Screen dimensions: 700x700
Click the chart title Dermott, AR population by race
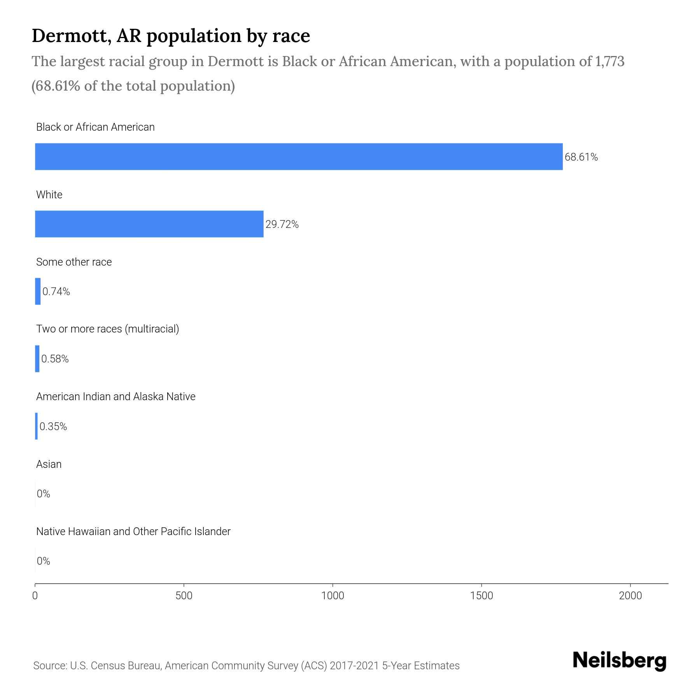171,36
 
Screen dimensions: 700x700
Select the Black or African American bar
299,156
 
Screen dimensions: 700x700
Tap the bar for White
149,224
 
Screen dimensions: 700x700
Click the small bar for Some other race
38,291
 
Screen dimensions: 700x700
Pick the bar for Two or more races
37,359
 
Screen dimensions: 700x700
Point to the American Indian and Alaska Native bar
37,426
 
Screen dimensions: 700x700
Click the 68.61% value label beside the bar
581,157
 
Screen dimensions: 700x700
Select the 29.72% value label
282,224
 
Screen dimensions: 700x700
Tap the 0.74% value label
56,292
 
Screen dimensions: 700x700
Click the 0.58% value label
55,359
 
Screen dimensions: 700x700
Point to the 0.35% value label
53,427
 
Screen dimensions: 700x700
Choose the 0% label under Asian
44,494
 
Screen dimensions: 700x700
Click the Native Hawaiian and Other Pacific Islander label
133,531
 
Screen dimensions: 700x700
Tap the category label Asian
49,464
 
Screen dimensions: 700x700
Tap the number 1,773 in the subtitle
609,61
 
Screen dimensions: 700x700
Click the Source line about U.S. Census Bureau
246,666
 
